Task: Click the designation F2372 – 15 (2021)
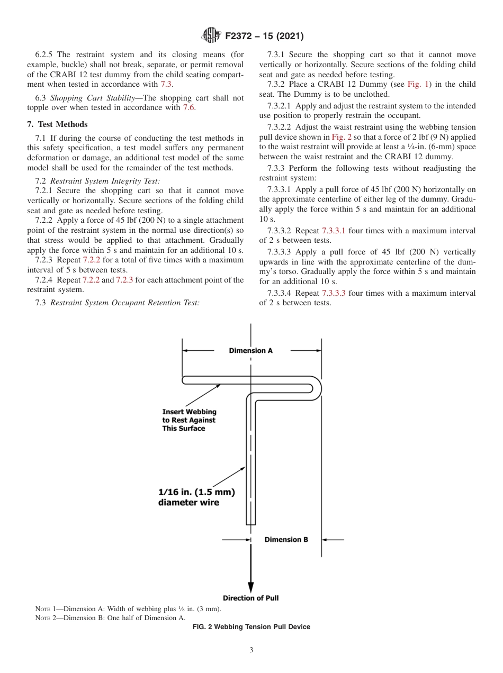(264, 37)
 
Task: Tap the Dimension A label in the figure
(251, 350)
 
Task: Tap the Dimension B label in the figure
(286, 540)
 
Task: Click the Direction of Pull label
(250, 598)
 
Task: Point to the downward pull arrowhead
(251, 587)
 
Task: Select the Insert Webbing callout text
(189, 420)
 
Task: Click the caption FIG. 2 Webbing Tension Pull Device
(251, 627)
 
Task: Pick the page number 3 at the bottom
(251, 650)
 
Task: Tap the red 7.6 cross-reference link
(188, 108)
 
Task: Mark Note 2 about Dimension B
(110, 617)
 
